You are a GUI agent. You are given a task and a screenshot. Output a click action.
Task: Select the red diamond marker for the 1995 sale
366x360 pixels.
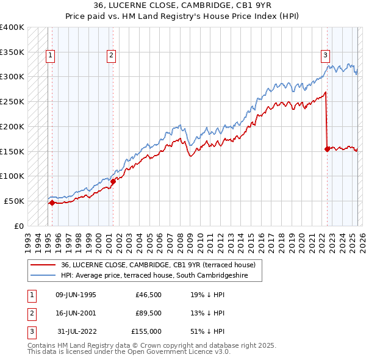tap(52, 203)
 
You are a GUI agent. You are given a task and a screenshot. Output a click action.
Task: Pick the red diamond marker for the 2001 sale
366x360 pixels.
tap(113, 181)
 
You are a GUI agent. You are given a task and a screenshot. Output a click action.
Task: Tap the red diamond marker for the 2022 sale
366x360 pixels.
tap(328, 148)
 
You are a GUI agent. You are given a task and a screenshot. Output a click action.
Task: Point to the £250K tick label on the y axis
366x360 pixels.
tap(12, 101)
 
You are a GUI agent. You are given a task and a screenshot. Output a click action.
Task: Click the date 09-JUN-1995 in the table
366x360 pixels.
tap(76, 295)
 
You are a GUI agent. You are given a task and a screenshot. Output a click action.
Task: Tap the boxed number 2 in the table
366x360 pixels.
tap(30, 313)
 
